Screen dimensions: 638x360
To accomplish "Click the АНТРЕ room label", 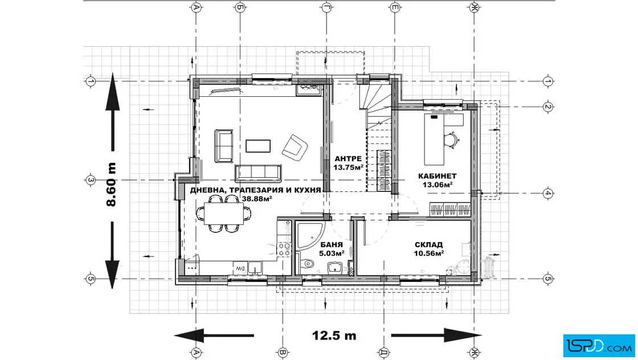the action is (x=348, y=159).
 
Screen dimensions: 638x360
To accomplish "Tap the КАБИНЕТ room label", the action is (x=437, y=176).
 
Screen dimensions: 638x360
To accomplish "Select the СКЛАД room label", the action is (x=429, y=245).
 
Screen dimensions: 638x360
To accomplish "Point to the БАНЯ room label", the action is (x=331, y=245).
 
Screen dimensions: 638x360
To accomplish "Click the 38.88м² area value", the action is (x=257, y=198).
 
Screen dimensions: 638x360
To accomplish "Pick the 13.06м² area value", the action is (x=438, y=185).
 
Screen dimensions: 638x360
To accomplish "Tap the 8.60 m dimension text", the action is (x=111, y=184).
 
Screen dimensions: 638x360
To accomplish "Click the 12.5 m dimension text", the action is (x=334, y=336).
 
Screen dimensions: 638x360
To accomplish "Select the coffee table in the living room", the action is (x=258, y=146).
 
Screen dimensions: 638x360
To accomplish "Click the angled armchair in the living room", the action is (x=295, y=148).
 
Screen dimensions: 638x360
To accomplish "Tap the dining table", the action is (x=224, y=214).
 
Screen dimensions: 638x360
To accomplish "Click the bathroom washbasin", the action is (x=335, y=268).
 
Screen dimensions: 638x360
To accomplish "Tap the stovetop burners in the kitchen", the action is (x=284, y=249).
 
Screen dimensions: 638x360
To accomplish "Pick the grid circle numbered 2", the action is (x=547, y=107).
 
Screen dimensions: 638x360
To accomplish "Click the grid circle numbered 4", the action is (x=547, y=193).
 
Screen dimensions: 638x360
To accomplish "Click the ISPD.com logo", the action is (x=599, y=346).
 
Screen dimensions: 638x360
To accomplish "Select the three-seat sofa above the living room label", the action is (x=258, y=173).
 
